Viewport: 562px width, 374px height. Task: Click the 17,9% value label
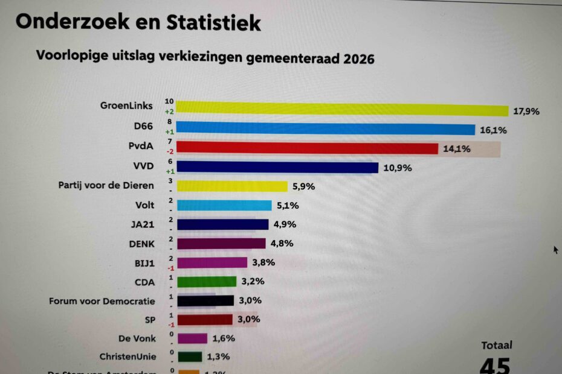click(526, 112)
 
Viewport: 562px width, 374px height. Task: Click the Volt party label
click(144, 205)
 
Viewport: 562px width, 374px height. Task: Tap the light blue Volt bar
click(224, 206)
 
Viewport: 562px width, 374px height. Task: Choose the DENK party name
click(141, 243)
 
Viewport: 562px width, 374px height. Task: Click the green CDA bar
click(206, 281)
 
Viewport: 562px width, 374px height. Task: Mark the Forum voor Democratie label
click(102, 300)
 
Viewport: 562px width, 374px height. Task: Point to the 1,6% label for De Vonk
click(224, 338)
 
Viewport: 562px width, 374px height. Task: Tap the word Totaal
click(497, 346)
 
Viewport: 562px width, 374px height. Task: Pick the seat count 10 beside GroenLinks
click(169, 101)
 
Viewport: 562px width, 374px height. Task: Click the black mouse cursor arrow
click(555, 249)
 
